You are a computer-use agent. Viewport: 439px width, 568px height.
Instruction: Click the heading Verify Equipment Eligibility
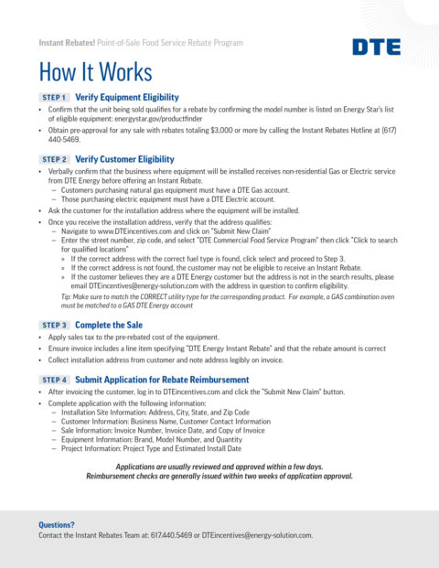[126, 97]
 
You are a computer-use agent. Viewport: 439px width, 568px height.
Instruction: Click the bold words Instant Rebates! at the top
[66, 43]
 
